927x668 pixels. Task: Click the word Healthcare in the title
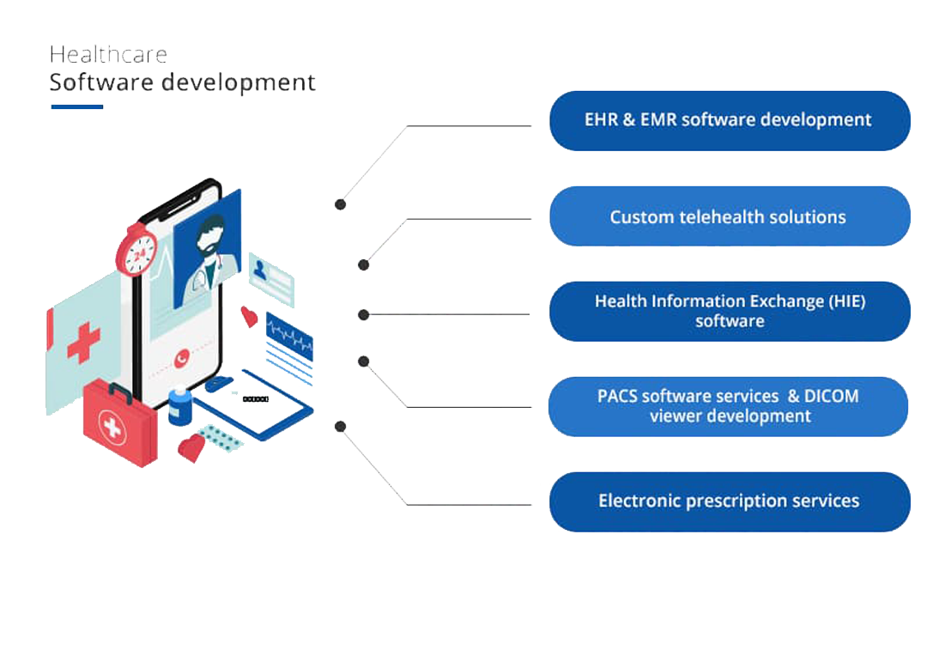[108, 54]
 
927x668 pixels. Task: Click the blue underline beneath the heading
[77, 106]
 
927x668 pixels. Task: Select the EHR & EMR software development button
[729, 120]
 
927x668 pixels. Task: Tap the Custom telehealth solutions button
[729, 216]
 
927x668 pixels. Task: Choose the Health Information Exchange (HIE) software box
[729, 311]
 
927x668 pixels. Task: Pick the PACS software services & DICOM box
[729, 406]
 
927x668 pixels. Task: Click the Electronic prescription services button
[729, 501]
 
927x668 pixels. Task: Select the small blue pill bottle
[179, 406]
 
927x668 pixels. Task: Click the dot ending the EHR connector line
[341, 204]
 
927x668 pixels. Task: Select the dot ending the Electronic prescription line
[341, 426]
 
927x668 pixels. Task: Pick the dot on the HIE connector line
[364, 315]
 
